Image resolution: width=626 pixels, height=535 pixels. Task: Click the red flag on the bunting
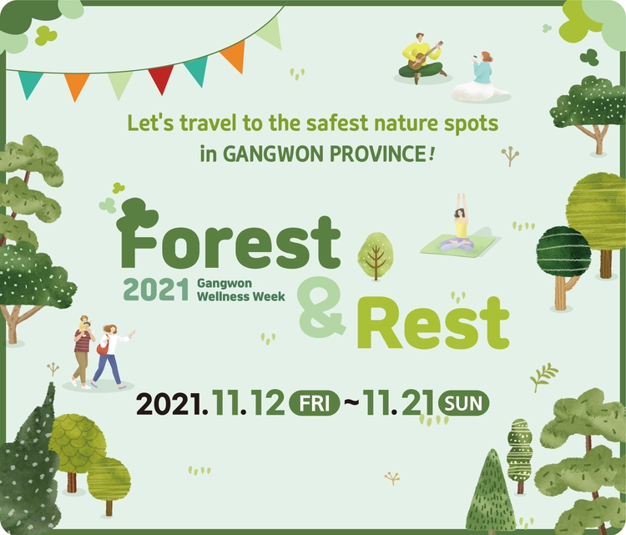(x=160, y=78)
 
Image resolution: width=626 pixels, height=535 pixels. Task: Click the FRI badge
(x=314, y=404)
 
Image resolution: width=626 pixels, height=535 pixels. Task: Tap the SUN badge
(x=463, y=404)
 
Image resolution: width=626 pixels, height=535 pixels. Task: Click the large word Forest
(x=229, y=235)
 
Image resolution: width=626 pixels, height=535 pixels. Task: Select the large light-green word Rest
(x=433, y=323)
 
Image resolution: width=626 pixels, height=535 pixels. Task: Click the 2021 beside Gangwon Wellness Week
(x=156, y=290)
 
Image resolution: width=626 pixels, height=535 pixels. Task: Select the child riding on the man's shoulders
(x=84, y=323)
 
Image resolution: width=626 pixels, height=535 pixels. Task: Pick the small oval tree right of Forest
(x=375, y=256)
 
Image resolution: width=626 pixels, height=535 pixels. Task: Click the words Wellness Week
(x=241, y=296)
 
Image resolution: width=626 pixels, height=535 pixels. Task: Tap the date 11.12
(x=249, y=403)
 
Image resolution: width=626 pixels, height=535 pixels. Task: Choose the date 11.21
(x=398, y=403)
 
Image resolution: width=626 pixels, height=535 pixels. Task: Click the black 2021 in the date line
(x=169, y=404)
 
